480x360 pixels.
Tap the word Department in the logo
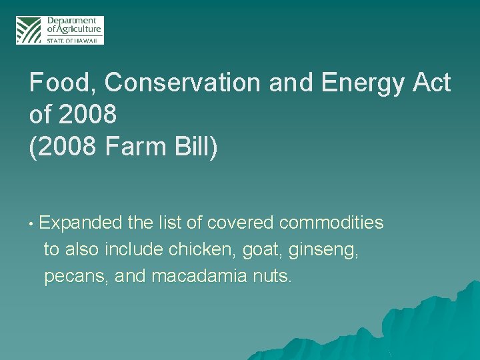coord(71,21)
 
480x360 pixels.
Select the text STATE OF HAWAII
coord(73,40)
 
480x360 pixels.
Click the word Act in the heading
coord(431,83)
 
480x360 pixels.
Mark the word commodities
coord(331,223)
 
